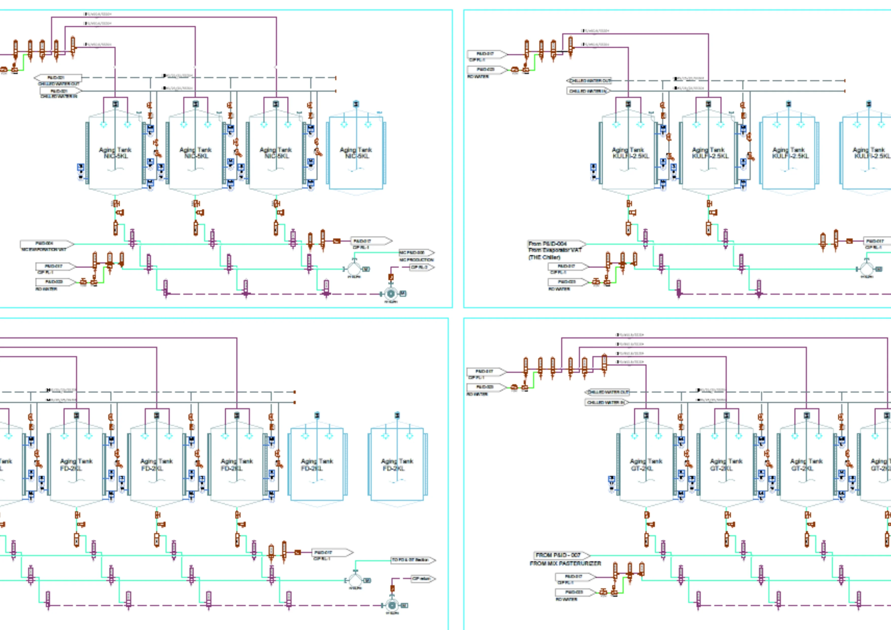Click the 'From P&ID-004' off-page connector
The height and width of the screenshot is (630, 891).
click(556, 244)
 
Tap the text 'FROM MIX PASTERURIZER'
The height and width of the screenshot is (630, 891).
click(565, 563)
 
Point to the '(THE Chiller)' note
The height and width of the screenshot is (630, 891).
click(544, 257)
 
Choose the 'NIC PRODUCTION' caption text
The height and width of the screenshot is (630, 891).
click(416, 259)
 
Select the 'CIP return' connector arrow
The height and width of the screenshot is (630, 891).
click(423, 579)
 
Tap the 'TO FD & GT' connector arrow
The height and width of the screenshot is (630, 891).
click(412, 560)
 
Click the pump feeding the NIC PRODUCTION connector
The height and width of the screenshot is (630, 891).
click(354, 269)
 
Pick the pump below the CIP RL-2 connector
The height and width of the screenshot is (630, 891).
click(391, 294)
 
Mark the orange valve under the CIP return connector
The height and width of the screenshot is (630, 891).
click(392, 589)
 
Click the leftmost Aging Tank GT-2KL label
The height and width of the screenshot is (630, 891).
click(646, 465)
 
